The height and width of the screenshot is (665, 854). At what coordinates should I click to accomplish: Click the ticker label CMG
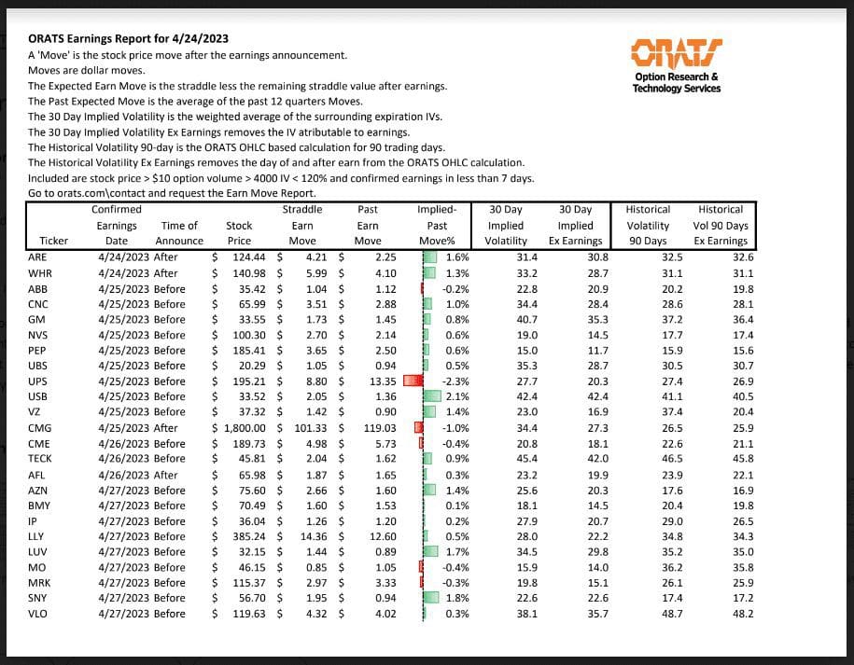39,427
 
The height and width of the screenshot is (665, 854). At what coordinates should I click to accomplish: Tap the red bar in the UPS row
413,381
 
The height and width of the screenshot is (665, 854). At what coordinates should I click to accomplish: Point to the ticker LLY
37,536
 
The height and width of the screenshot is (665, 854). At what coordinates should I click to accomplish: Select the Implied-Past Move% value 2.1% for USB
456,396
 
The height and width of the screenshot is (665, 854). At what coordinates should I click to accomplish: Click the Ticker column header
46,241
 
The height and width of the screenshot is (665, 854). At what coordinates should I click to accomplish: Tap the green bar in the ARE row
432,256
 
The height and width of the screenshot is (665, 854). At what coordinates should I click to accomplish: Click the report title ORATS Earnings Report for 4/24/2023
128,39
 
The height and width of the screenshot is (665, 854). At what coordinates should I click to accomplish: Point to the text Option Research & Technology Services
676,82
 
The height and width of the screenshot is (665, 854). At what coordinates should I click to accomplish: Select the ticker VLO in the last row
38,614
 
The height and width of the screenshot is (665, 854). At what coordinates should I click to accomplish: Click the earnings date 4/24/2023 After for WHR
137,272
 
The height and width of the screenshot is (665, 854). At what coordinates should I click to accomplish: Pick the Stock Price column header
239,233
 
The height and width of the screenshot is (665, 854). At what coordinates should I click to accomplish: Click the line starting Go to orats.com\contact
139,193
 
